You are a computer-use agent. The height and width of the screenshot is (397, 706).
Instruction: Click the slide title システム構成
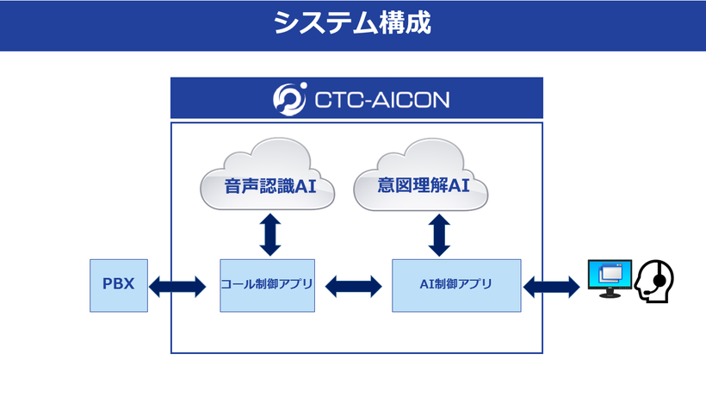(x=352, y=22)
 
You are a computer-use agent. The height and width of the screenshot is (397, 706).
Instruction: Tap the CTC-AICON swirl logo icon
(x=289, y=99)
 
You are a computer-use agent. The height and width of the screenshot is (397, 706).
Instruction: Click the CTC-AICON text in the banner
(x=381, y=100)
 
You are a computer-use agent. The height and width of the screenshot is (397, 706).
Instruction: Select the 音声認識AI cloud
(x=268, y=175)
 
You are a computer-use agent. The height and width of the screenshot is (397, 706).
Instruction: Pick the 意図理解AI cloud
(x=421, y=175)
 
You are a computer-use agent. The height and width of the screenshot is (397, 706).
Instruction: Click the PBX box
(x=119, y=285)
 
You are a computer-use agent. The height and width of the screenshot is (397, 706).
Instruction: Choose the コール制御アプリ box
(x=268, y=285)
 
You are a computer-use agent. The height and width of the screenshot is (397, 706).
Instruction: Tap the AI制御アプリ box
(x=456, y=285)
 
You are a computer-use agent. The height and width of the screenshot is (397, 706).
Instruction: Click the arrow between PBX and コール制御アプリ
(x=177, y=287)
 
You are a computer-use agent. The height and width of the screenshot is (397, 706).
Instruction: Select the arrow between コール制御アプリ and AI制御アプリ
(x=354, y=287)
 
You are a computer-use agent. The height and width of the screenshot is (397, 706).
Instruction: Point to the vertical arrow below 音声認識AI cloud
(x=270, y=235)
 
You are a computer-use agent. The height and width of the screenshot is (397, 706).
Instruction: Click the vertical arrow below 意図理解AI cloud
(x=439, y=235)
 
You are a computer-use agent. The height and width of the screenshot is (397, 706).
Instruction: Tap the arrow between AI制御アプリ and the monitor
(x=552, y=287)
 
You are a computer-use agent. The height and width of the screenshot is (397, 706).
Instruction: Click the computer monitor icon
(x=610, y=279)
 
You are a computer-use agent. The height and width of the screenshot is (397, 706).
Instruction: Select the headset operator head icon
(x=654, y=281)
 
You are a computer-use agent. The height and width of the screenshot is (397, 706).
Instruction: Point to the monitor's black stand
(x=610, y=293)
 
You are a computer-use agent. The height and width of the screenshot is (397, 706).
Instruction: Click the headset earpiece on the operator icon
(x=660, y=281)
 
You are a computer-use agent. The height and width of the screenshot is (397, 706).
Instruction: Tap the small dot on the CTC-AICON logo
(x=303, y=85)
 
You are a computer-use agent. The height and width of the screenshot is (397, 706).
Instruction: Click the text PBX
(x=119, y=283)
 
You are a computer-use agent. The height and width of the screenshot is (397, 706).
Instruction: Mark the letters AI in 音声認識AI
(x=306, y=186)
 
